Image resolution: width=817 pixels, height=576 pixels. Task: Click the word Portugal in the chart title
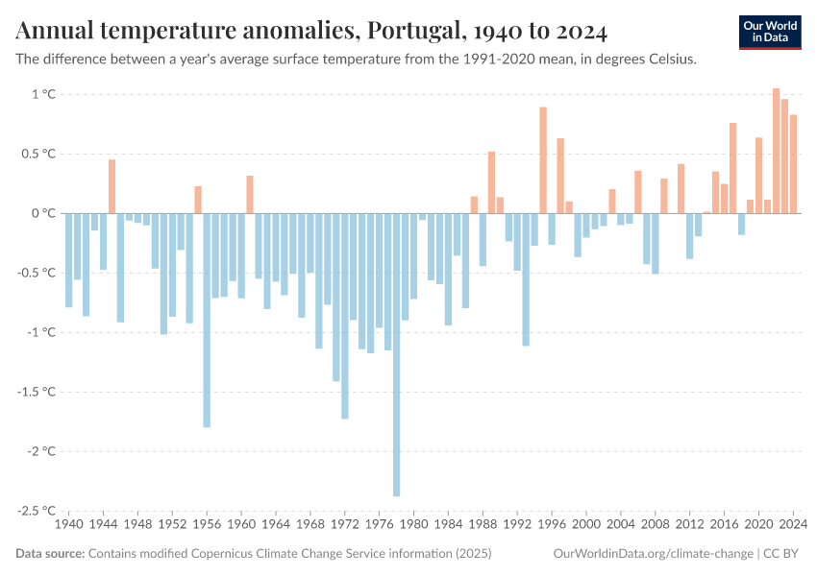click(x=411, y=32)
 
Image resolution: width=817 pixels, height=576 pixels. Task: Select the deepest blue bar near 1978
click(x=396, y=354)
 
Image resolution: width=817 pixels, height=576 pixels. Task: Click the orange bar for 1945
click(x=111, y=186)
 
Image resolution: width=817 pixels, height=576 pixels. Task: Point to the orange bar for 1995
click(x=543, y=160)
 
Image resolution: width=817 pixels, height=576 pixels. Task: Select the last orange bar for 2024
click(x=793, y=164)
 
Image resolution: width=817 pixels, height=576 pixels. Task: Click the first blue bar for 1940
click(x=69, y=260)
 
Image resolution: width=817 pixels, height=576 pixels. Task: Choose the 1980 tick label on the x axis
click(x=413, y=525)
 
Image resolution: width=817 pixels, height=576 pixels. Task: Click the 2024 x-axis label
click(x=792, y=525)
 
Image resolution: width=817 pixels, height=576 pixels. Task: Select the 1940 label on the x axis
click(x=69, y=525)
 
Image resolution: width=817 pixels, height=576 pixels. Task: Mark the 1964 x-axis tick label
click(x=276, y=525)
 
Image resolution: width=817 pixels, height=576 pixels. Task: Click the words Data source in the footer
click(x=49, y=554)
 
